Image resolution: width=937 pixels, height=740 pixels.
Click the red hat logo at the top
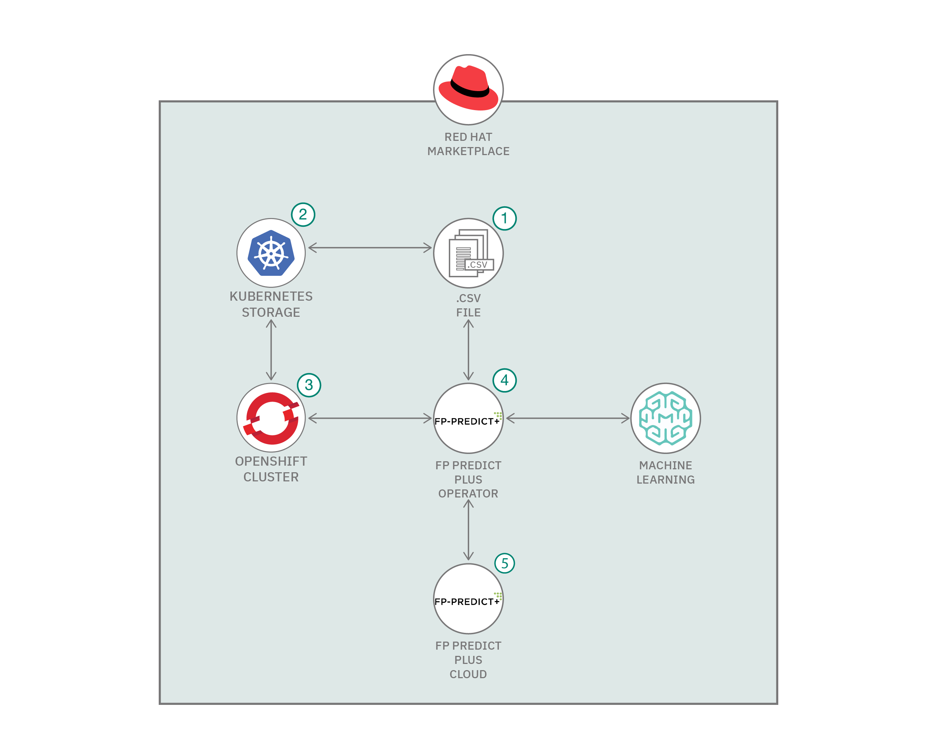click(x=468, y=89)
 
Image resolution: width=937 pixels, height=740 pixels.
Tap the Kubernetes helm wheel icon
click(x=271, y=253)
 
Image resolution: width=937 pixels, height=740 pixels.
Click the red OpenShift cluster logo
click(x=271, y=418)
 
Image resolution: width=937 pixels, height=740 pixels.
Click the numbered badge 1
click(x=504, y=218)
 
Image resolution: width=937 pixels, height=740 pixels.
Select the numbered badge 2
click(x=303, y=214)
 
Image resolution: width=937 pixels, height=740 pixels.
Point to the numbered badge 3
click(x=309, y=385)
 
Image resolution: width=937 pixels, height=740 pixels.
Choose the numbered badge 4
click(x=504, y=380)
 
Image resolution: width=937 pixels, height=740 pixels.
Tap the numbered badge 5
click(x=504, y=563)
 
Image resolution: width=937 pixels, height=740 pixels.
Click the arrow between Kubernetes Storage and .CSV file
click(x=370, y=248)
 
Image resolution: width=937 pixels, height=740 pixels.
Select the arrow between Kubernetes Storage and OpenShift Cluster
click(x=271, y=350)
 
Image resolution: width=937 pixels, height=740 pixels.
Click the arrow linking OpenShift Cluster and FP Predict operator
click(x=370, y=418)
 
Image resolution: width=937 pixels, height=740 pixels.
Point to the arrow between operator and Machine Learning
click(x=568, y=418)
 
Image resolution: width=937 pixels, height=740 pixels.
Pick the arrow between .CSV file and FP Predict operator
click(x=468, y=350)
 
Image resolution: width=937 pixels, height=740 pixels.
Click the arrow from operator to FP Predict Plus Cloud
click(x=468, y=530)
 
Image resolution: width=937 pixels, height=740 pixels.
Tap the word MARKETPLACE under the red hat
click(x=468, y=151)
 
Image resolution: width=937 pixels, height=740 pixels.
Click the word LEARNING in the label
click(x=665, y=480)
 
